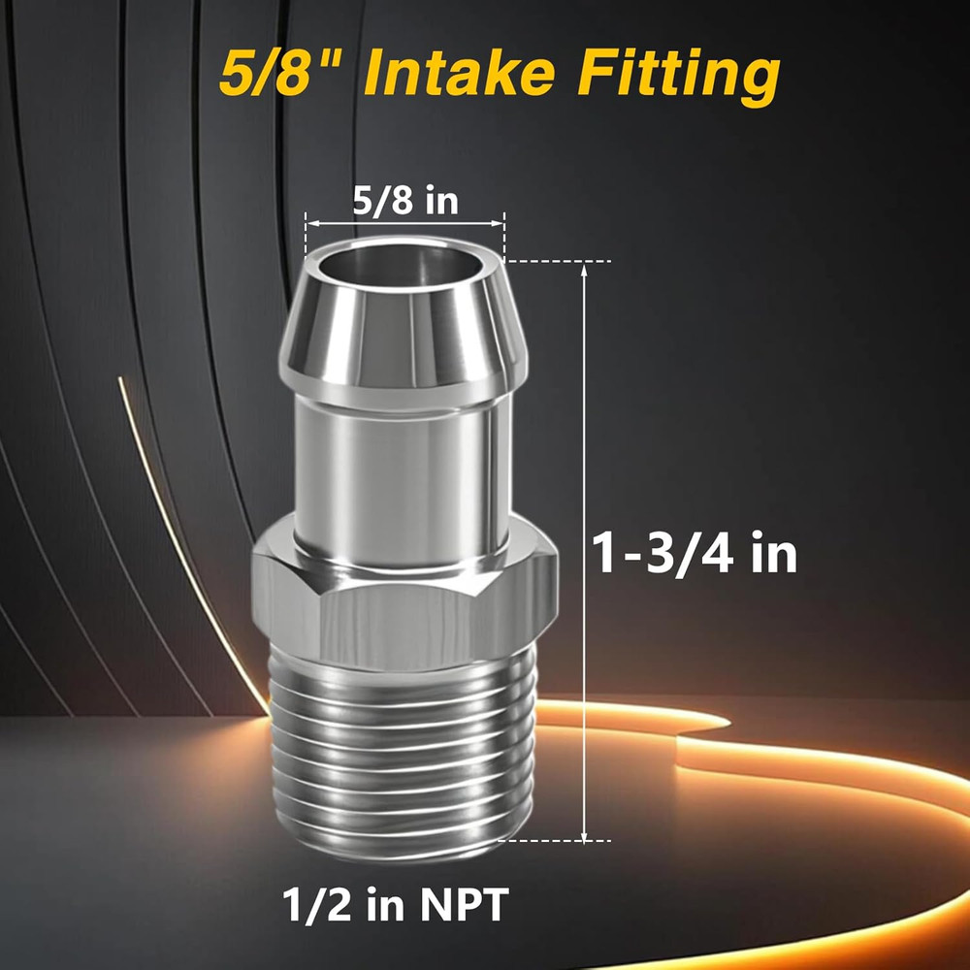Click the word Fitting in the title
tap(678, 75)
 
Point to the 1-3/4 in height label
tap(695, 555)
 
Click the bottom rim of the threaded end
tap(404, 854)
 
